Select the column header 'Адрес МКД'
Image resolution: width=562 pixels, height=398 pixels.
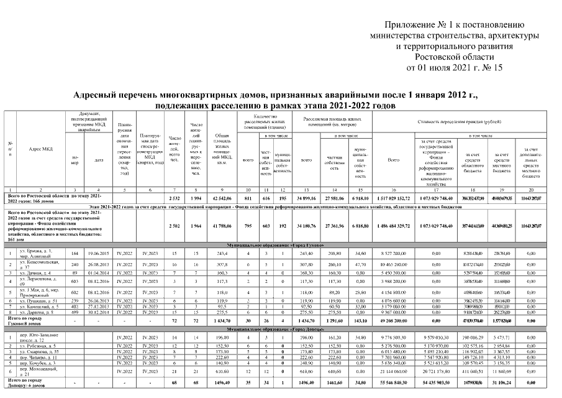(41, 149)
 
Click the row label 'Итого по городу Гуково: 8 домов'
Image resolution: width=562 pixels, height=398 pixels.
(25, 320)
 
